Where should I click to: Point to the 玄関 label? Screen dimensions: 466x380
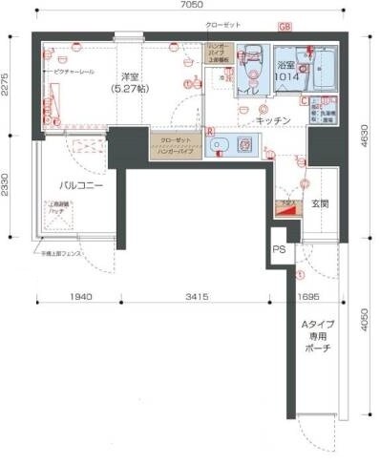pos(319,203)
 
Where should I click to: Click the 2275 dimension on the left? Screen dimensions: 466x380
pos(7,86)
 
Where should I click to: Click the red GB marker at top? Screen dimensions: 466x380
pos(285,27)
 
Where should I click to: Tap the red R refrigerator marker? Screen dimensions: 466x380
pos(209,130)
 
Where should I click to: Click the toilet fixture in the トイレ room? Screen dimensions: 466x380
pos(252,64)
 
